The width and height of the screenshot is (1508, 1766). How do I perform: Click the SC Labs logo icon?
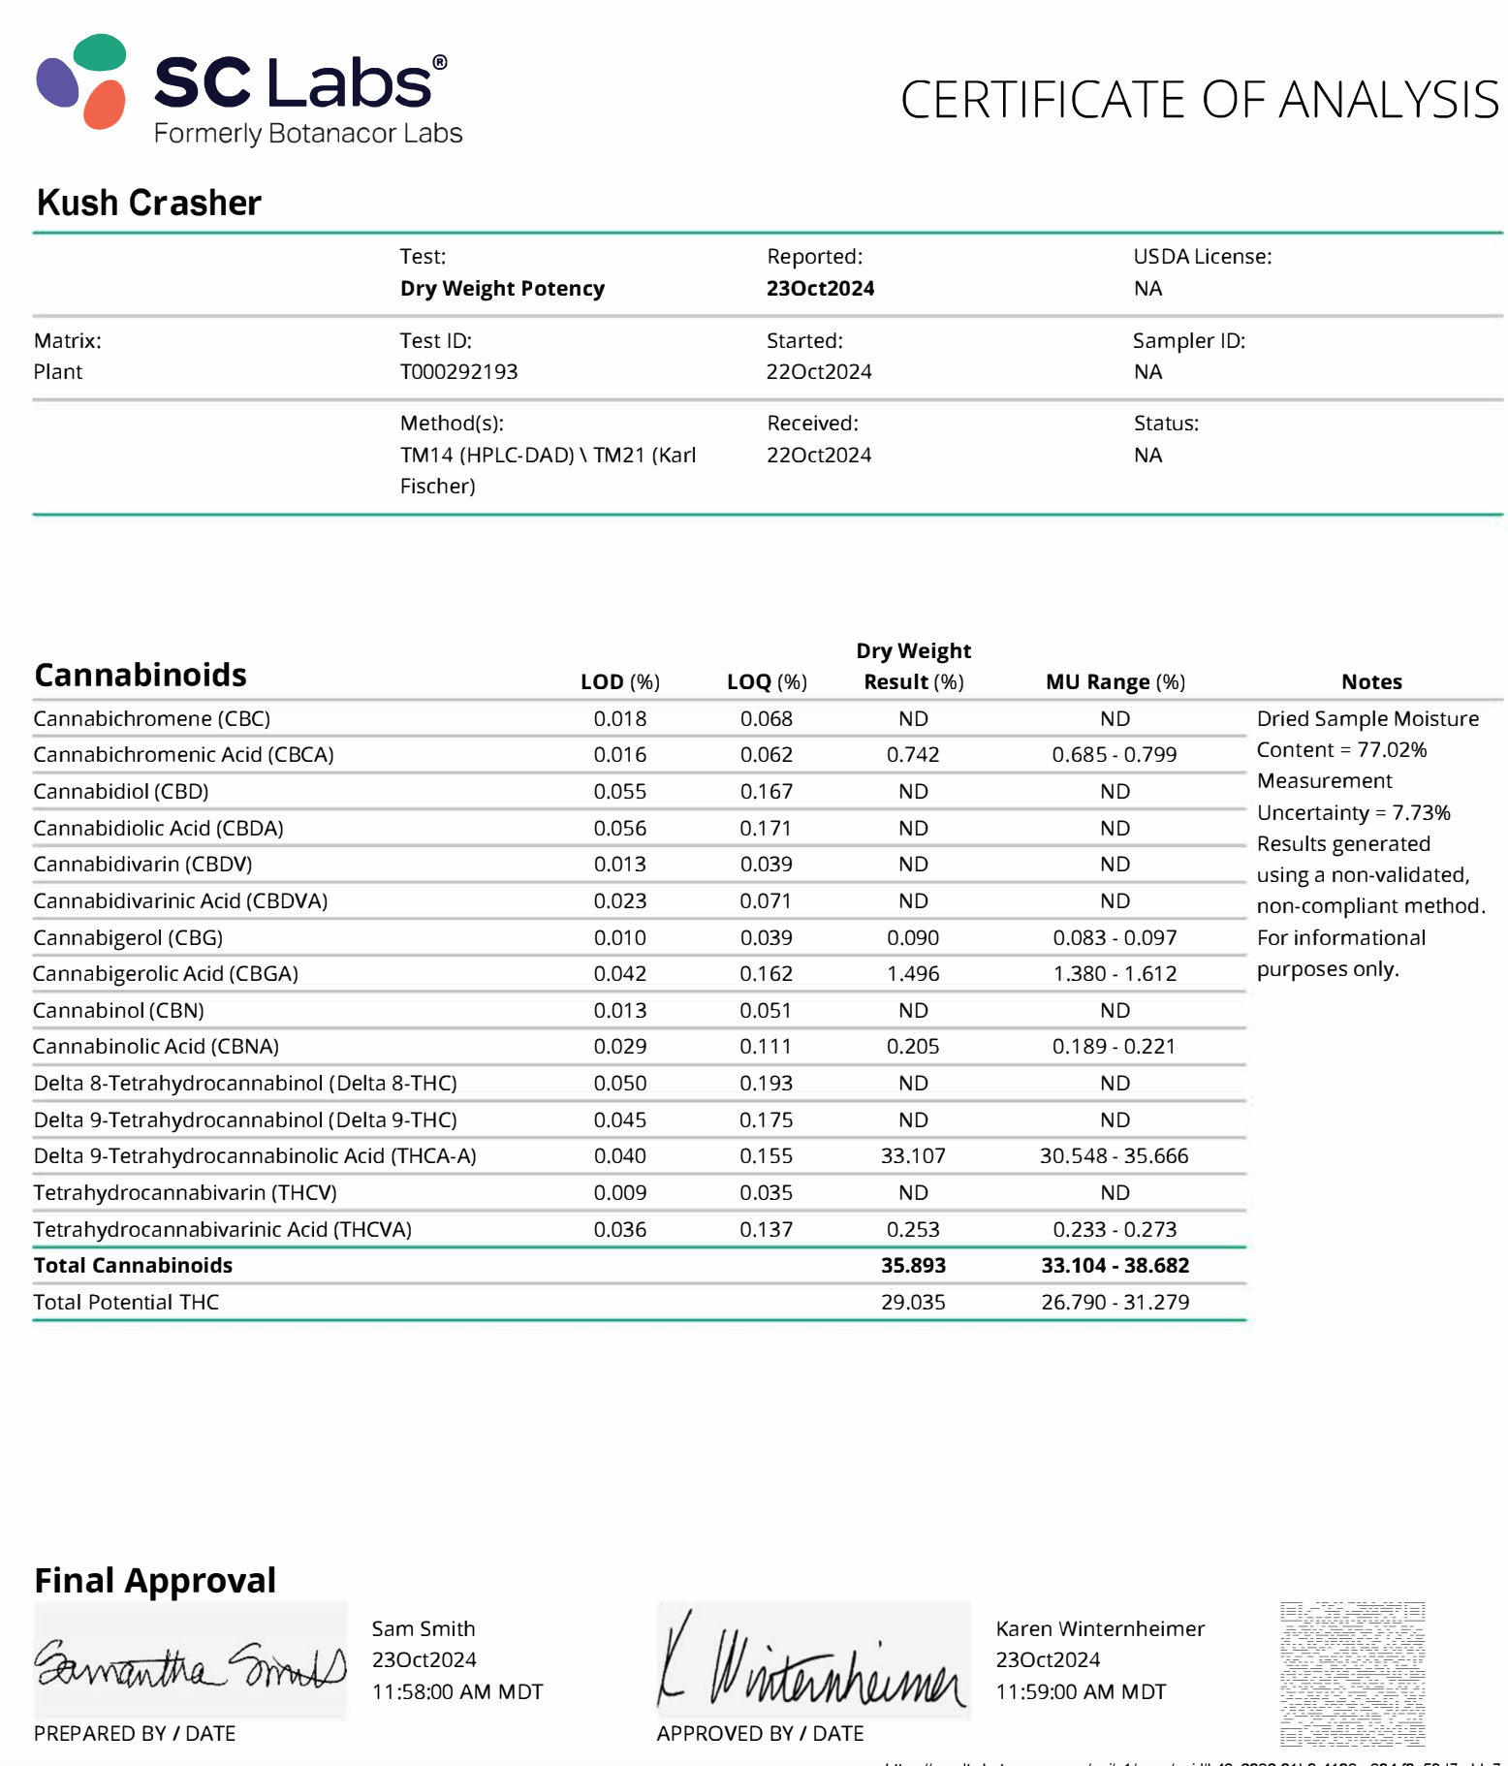pos(82,82)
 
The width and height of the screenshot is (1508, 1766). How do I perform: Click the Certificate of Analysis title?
pos(1199,100)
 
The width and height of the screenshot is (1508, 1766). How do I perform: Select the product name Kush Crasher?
pos(149,203)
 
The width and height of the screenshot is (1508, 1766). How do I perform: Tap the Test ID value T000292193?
pos(458,372)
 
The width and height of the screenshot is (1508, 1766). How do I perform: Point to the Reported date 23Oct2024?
pos(820,289)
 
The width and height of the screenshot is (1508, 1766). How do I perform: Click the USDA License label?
pos(1202,257)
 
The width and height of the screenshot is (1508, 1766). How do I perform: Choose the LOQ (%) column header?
pos(767,682)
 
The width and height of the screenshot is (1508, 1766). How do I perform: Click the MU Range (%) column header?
pos(1115,682)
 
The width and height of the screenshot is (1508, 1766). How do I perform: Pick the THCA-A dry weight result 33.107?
pos(913,1156)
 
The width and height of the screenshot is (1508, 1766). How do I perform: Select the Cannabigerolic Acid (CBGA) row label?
pos(166,974)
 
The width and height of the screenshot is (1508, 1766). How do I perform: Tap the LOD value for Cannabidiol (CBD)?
pos(619,792)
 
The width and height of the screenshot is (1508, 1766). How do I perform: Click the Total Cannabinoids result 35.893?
pos(913,1266)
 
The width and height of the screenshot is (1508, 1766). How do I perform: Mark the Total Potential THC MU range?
pos(1115,1303)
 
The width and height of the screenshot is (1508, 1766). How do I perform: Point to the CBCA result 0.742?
pos(913,755)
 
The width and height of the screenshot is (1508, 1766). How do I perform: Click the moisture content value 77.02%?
pos(1392,750)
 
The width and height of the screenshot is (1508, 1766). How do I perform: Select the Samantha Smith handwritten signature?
pos(190,1663)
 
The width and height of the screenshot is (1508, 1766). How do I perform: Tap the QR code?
pos(1352,1673)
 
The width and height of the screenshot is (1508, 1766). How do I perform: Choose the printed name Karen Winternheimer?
pos(1100,1629)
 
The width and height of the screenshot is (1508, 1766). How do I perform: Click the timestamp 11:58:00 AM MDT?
pos(457,1692)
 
